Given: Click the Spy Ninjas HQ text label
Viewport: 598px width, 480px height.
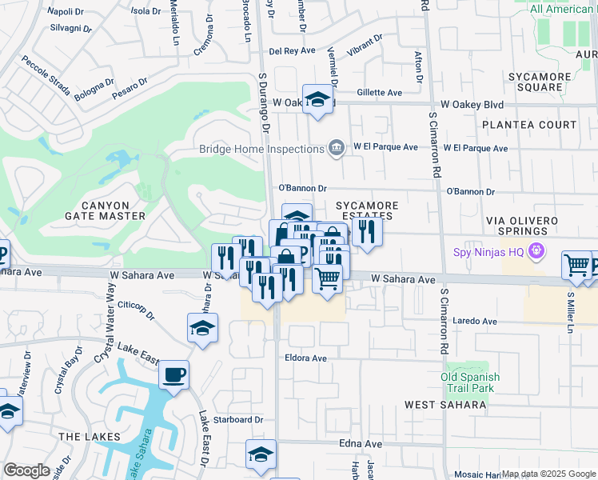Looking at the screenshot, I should pyautogui.click(x=488, y=252).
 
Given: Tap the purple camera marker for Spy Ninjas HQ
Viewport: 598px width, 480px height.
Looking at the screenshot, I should pyautogui.click(x=536, y=252).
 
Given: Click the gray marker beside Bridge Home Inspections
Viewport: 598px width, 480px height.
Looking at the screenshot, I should pyautogui.click(x=337, y=147).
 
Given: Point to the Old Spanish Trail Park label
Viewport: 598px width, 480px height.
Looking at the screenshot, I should pyautogui.click(x=471, y=382).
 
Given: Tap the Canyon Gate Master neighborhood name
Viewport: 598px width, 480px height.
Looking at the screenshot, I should pyautogui.click(x=106, y=210).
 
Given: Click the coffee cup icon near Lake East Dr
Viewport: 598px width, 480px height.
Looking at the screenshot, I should pyautogui.click(x=173, y=374).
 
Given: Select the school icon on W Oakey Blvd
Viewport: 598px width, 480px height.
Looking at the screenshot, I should pyautogui.click(x=317, y=99).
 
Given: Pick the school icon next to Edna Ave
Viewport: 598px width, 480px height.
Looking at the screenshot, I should pyautogui.click(x=261, y=454).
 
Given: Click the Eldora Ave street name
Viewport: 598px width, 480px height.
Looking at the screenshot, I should pyautogui.click(x=305, y=358).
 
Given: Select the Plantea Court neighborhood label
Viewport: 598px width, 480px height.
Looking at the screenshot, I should pyautogui.click(x=528, y=125).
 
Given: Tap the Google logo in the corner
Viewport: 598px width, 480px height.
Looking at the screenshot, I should pyautogui.click(x=27, y=470).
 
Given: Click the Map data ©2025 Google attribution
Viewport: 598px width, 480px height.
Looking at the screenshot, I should pyautogui.click(x=548, y=474).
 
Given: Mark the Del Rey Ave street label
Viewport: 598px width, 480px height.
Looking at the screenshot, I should pyautogui.click(x=293, y=51).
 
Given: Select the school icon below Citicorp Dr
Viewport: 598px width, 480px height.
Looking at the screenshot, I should pyautogui.click(x=203, y=328).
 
